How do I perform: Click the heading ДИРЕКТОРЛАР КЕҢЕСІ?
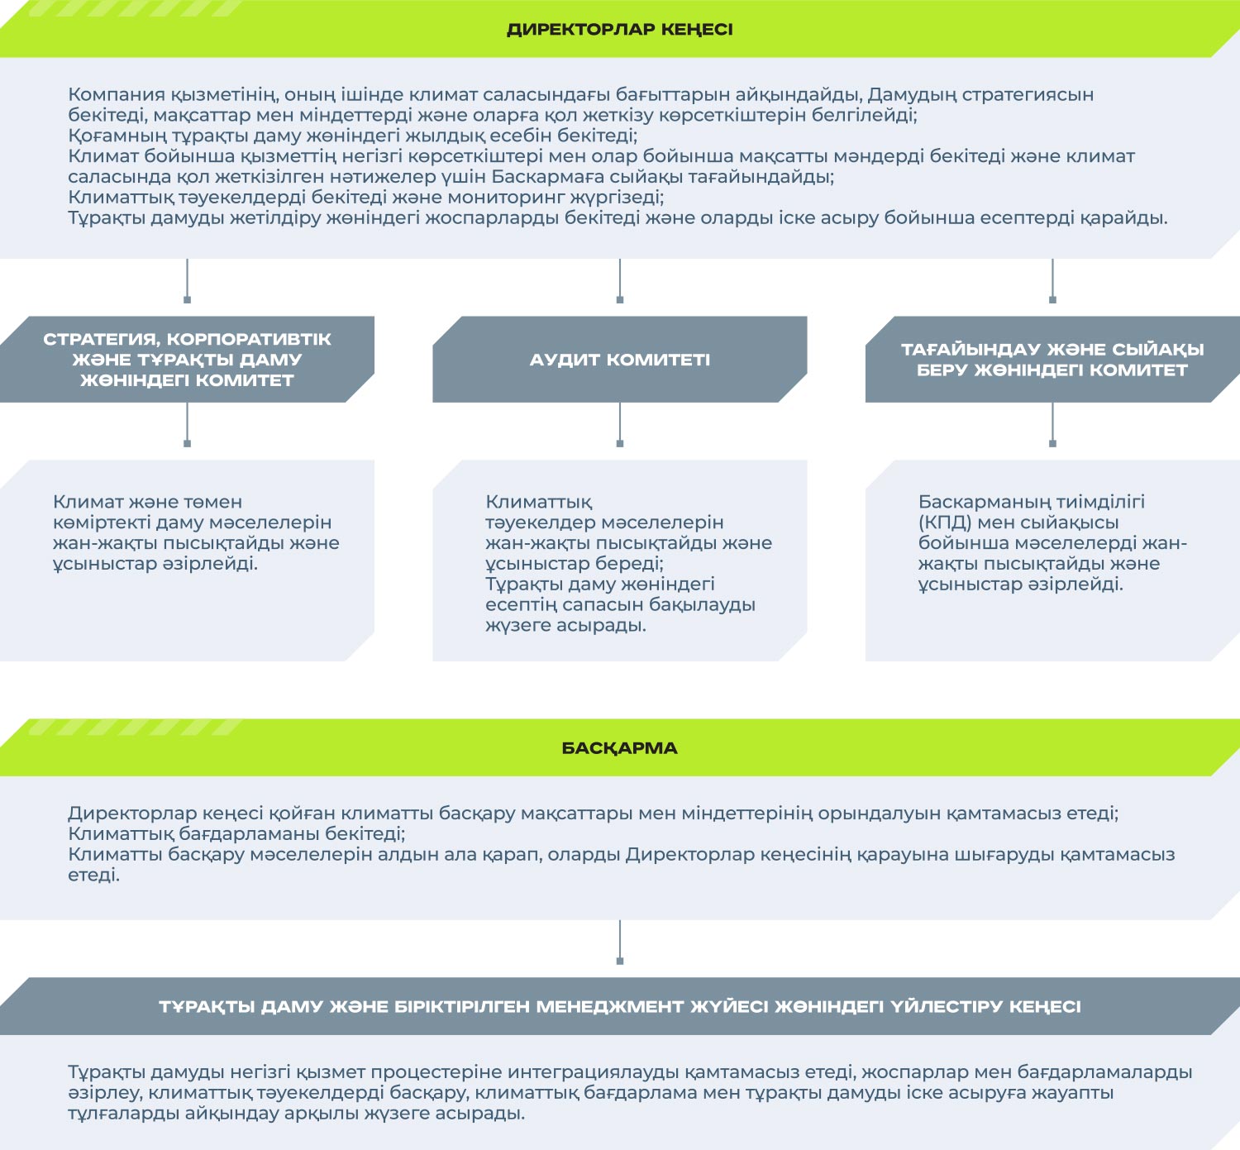[x=619, y=30]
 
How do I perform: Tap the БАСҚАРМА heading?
[x=619, y=747]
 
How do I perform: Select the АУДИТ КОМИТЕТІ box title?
[x=619, y=360]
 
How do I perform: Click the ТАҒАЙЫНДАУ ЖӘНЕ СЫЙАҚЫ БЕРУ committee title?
[x=1052, y=360]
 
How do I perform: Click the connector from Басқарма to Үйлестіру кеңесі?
[x=619, y=942]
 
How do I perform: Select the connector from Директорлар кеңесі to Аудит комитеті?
[x=619, y=281]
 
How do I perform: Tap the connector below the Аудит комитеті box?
[x=619, y=425]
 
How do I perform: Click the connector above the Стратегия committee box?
[x=187, y=281]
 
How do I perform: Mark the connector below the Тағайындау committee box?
[x=1052, y=425]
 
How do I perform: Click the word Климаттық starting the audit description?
[x=539, y=502]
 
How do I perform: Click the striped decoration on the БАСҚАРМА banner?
[x=134, y=727]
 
